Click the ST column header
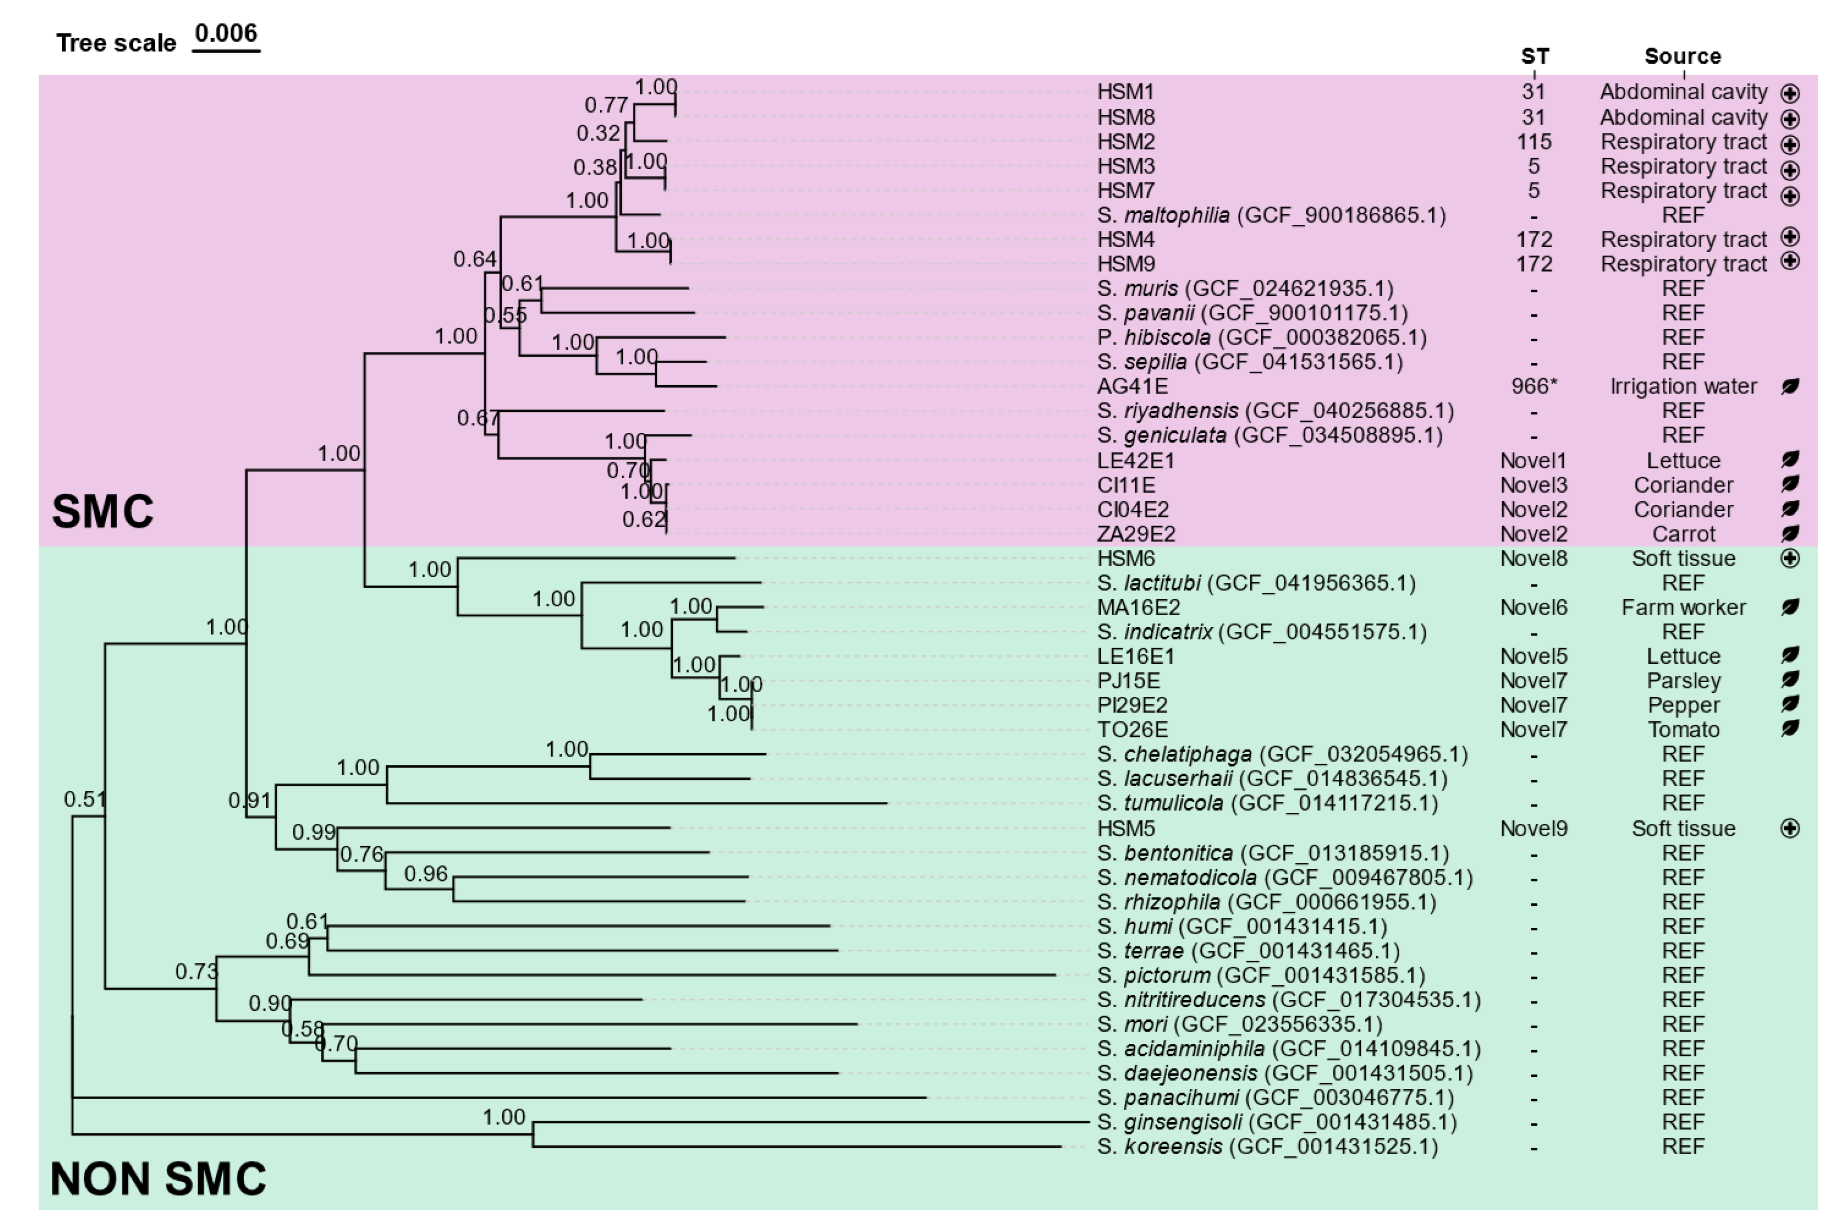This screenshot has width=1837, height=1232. [1534, 56]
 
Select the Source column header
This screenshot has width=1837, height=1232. [1682, 56]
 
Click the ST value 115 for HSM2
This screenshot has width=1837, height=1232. [1534, 142]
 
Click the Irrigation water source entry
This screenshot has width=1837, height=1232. [1682, 387]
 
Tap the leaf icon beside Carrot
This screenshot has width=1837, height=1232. [1790, 534]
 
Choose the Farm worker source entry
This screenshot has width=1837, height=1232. [1683, 607]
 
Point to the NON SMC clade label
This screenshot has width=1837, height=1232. [158, 1179]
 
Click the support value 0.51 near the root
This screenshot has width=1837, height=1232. [83, 799]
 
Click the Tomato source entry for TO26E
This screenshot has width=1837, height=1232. [1683, 730]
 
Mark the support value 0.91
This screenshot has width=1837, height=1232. [249, 801]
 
